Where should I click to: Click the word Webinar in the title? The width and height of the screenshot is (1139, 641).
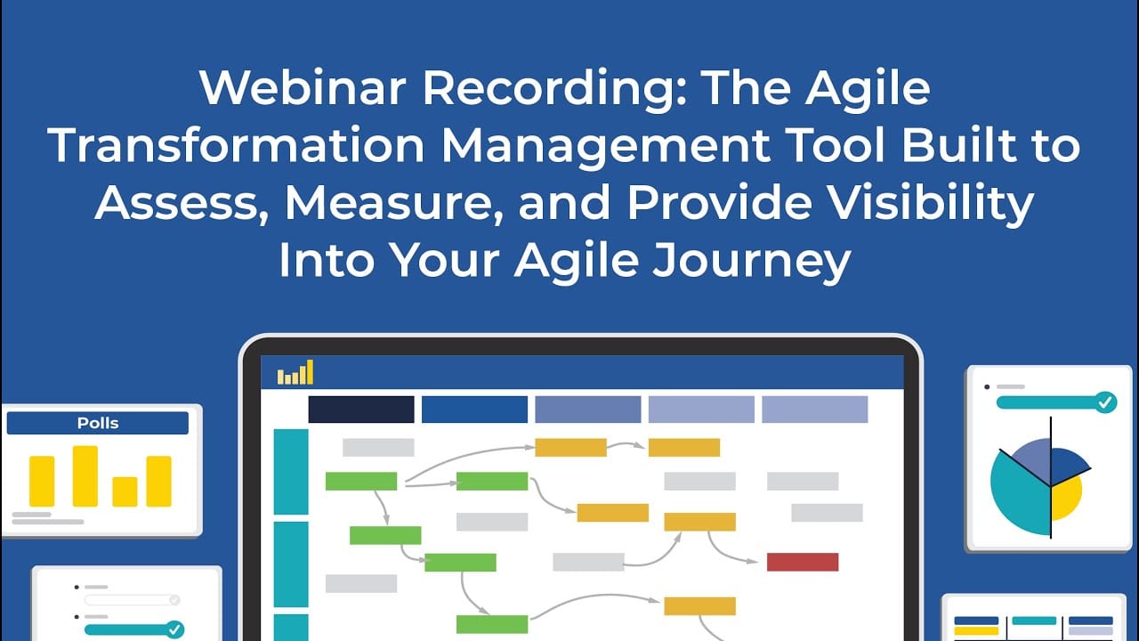pyautogui.click(x=303, y=87)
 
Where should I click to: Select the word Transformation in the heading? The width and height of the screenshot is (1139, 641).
pyautogui.click(x=236, y=145)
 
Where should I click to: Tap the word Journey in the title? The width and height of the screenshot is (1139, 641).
pyautogui.click(x=752, y=261)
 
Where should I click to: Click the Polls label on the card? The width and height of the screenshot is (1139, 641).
pyautogui.click(x=98, y=423)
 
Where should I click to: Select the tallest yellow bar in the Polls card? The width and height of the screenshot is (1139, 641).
pyautogui.click(x=85, y=476)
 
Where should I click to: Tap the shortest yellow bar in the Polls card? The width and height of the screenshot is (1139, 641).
pyautogui.click(x=125, y=491)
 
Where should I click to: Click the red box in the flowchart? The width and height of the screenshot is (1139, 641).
pyautogui.click(x=803, y=562)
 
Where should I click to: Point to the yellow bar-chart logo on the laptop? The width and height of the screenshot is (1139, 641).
pyautogui.click(x=295, y=372)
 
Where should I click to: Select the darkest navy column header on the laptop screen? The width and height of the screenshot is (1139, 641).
pyautogui.click(x=361, y=410)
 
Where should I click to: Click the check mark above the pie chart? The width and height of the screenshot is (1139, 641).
pyautogui.click(x=1105, y=402)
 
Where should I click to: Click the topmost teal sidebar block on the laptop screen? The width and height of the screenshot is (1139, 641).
pyautogui.click(x=291, y=472)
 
